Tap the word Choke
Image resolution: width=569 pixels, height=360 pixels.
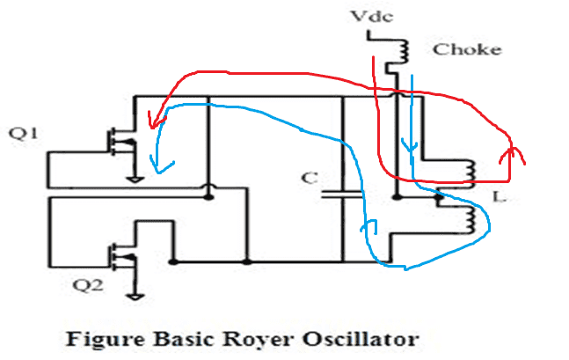[466, 48]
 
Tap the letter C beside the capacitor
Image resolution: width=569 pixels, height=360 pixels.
[307, 179]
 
